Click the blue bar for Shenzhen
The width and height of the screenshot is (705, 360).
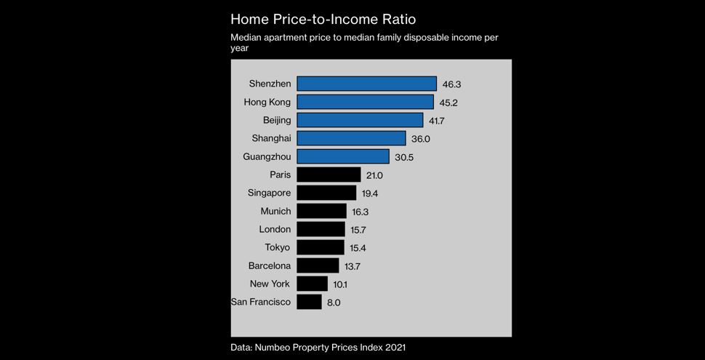366,84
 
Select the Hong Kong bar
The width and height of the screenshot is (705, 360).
365,102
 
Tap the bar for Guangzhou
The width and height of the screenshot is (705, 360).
342,156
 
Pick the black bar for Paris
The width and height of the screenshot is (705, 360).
329,175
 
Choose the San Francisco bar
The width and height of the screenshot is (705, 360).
309,302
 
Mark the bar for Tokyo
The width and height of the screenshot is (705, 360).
321,247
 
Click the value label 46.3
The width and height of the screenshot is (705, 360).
452,84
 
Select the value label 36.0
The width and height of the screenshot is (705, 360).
421,139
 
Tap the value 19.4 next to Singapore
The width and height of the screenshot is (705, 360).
370,193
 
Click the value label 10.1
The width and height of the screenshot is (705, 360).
340,284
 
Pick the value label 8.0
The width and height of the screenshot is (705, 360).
334,303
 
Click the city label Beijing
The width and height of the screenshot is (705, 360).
277,120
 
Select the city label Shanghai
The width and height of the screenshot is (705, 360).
271,138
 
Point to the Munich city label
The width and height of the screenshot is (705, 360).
275,211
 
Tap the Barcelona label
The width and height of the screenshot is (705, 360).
270,265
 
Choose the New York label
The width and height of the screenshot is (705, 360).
270,284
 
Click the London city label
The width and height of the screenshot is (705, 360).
275,229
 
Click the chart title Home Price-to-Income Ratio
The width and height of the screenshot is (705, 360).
323,19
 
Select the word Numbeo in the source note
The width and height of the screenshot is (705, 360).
277,348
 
